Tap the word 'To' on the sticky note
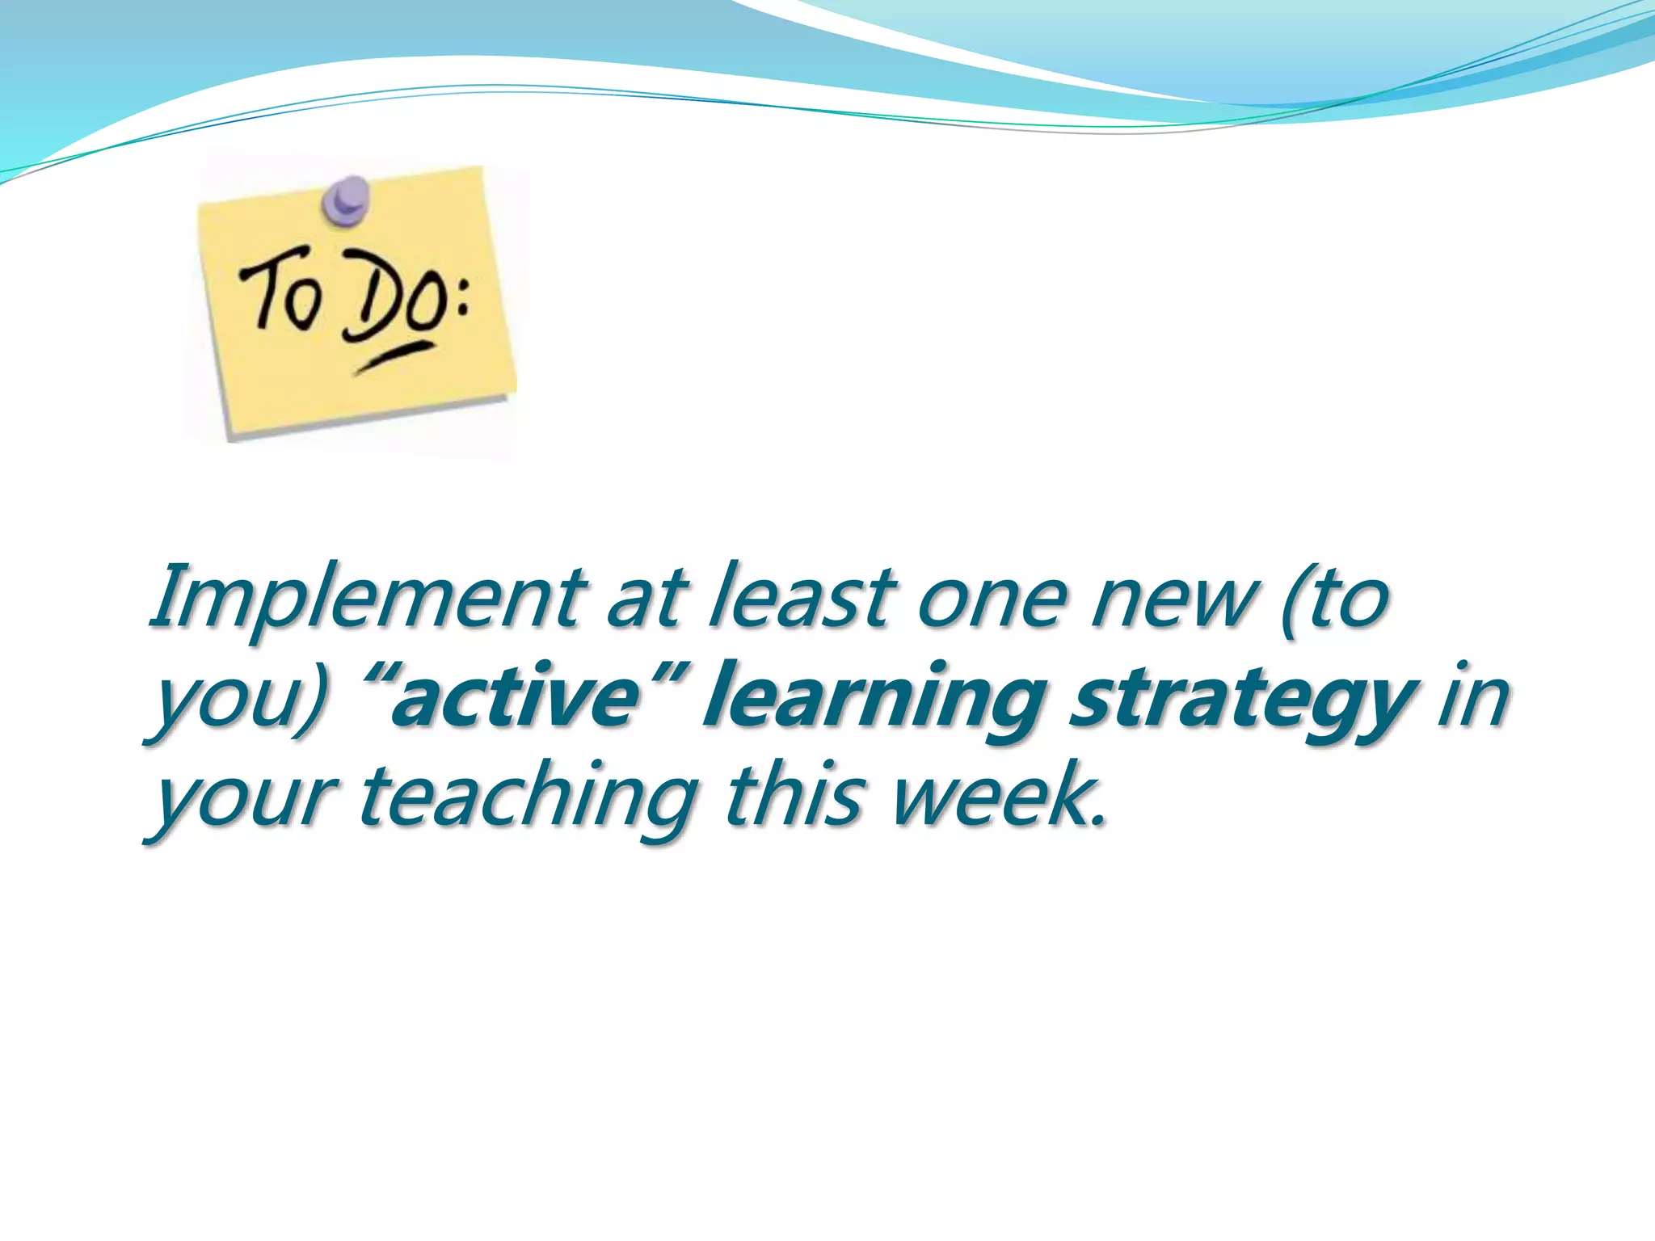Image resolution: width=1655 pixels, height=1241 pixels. (x=279, y=291)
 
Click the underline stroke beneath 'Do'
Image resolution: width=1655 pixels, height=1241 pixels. (x=394, y=356)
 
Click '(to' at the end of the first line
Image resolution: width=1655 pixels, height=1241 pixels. (x=1335, y=598)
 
